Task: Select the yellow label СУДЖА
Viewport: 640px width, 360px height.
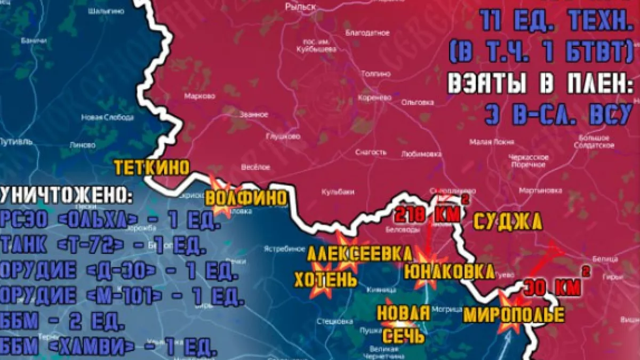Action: point(507,221)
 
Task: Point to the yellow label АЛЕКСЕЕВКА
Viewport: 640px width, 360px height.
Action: point(359,254)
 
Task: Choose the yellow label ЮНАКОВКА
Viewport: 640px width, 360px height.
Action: point(449,271)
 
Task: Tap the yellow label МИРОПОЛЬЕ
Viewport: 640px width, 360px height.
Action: point(514,315)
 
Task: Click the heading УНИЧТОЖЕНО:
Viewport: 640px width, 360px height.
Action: point(67,196)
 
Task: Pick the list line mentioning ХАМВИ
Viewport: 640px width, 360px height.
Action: point(109,347)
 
